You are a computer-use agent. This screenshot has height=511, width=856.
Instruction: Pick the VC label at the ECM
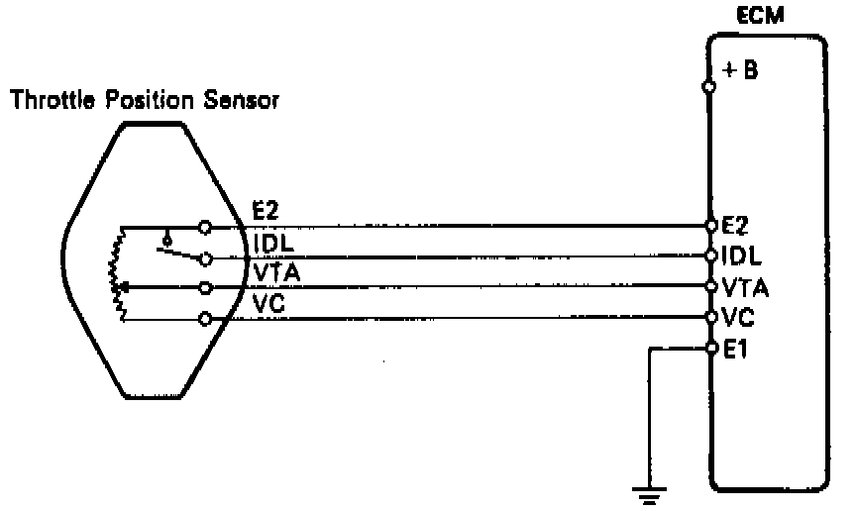pyautogui.click(x=734, y=318)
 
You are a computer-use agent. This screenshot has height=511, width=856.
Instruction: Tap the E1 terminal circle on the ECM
pyautogui.click(x=710, y=348)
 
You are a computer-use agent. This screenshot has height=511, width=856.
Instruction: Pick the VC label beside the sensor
pyautogui.click(x=268, y=304)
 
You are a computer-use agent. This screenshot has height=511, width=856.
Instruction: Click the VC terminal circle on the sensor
pyautogui.click(x=205, y=319)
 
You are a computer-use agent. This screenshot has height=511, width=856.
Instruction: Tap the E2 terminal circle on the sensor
pyautogui.click(x=205, y=227)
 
